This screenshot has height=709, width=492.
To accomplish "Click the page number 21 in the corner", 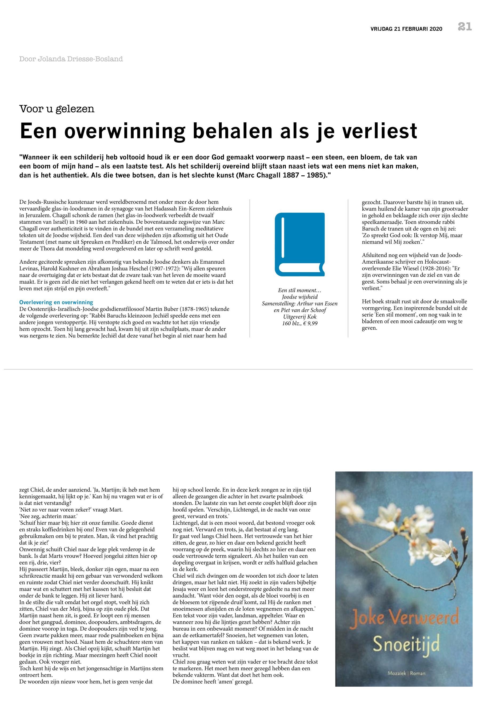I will [465, 27].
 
